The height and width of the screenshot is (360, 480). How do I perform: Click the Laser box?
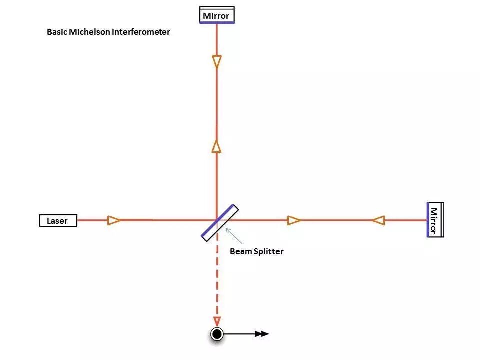click(x=58, y=220)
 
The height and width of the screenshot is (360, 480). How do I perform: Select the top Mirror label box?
click(x=216, y=15)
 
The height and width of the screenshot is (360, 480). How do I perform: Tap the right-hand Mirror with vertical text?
click(x=435, y=220)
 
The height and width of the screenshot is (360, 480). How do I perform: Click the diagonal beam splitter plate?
click(x=220, y=223)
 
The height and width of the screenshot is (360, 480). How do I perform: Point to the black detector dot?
click(x=217, y=334)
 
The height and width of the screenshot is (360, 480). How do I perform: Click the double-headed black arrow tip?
click(x=263, y=334)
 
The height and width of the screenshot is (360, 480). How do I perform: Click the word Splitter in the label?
click(x=267, y=251)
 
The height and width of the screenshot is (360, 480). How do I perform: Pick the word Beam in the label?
click(x=240, y=251)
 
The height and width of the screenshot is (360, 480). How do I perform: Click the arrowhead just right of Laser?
click(x=114, y=220)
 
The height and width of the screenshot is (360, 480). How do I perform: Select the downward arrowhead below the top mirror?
click(x=216, y=62)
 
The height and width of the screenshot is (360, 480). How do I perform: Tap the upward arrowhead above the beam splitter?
click(x=216, y=146)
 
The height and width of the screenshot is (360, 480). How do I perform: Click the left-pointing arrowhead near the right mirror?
click(x=378, y=220)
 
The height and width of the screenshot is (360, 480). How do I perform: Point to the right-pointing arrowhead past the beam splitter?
click(x=294, y=220)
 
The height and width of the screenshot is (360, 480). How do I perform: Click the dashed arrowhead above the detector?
click(x=217, y=321)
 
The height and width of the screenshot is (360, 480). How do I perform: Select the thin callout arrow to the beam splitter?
click(x=233, y=235)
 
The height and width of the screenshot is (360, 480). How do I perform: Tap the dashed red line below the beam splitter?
click(x=217, y=280)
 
